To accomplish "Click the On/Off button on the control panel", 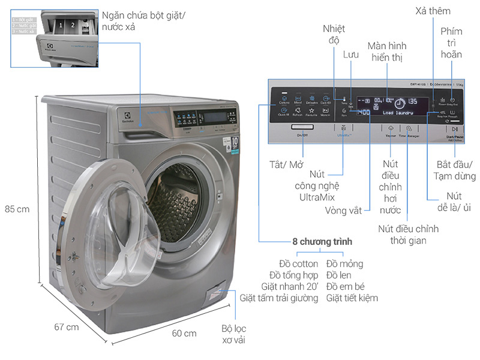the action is [301, 128].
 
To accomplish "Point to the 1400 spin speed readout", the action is [362, 112].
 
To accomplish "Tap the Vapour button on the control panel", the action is [391, 128].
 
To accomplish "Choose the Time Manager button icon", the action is [409, 128].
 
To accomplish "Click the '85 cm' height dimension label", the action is [16, 210].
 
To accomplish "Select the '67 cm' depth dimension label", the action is [66, 327].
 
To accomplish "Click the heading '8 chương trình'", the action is [323, 241].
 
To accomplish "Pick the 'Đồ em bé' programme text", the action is [345, 286].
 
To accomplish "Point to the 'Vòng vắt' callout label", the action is [343, 211].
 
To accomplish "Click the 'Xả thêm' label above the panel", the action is [433, 11].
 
